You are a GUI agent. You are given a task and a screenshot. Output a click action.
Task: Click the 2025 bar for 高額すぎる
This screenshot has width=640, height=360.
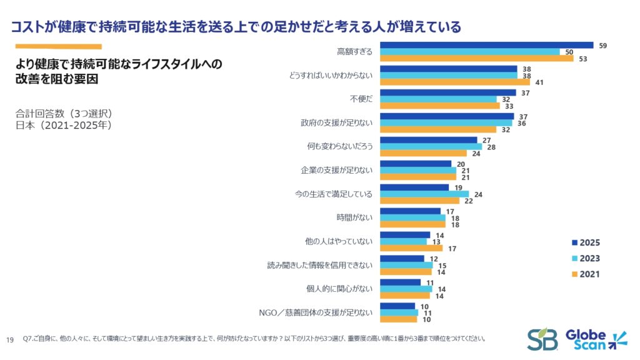click(486, 45)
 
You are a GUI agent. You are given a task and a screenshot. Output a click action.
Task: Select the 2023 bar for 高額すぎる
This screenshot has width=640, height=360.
click(470, 52)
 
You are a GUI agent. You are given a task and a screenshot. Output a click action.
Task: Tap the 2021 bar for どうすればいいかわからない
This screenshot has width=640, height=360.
click(454, 82)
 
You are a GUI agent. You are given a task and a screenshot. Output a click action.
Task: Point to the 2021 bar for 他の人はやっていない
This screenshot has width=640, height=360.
click(411, 248)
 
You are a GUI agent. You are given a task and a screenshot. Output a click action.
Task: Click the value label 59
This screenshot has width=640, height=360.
click(602, 46)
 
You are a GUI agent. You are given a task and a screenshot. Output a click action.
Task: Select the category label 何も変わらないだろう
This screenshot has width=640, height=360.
click(341, 146)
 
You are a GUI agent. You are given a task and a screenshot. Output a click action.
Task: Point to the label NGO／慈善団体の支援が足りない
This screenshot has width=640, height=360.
click(316, 313)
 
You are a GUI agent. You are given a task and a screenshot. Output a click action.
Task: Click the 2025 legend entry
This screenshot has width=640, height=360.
click(586, 243)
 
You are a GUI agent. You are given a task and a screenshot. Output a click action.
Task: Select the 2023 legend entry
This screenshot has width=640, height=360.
click(586, 259)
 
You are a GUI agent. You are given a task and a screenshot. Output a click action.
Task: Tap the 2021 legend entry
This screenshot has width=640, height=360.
click(586, 274)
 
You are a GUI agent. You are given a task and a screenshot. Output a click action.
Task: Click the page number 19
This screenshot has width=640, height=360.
click(9, 339)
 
